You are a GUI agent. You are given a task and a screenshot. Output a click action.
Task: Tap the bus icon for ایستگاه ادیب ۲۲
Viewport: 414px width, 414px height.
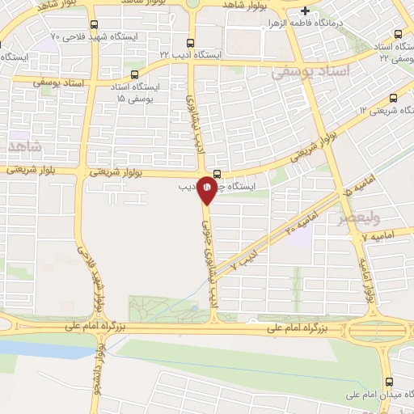click(191, 44)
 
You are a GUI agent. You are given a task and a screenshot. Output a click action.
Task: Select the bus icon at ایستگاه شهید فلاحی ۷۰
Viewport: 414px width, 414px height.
click(95, 25)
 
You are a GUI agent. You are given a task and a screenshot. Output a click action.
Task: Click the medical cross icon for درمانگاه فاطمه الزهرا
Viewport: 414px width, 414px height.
click(305, 11)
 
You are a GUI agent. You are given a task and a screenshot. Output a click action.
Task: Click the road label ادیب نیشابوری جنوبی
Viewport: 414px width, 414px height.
click(207, 251)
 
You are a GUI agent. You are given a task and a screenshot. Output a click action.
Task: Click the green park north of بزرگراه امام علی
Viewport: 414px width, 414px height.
click(162, 307)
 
